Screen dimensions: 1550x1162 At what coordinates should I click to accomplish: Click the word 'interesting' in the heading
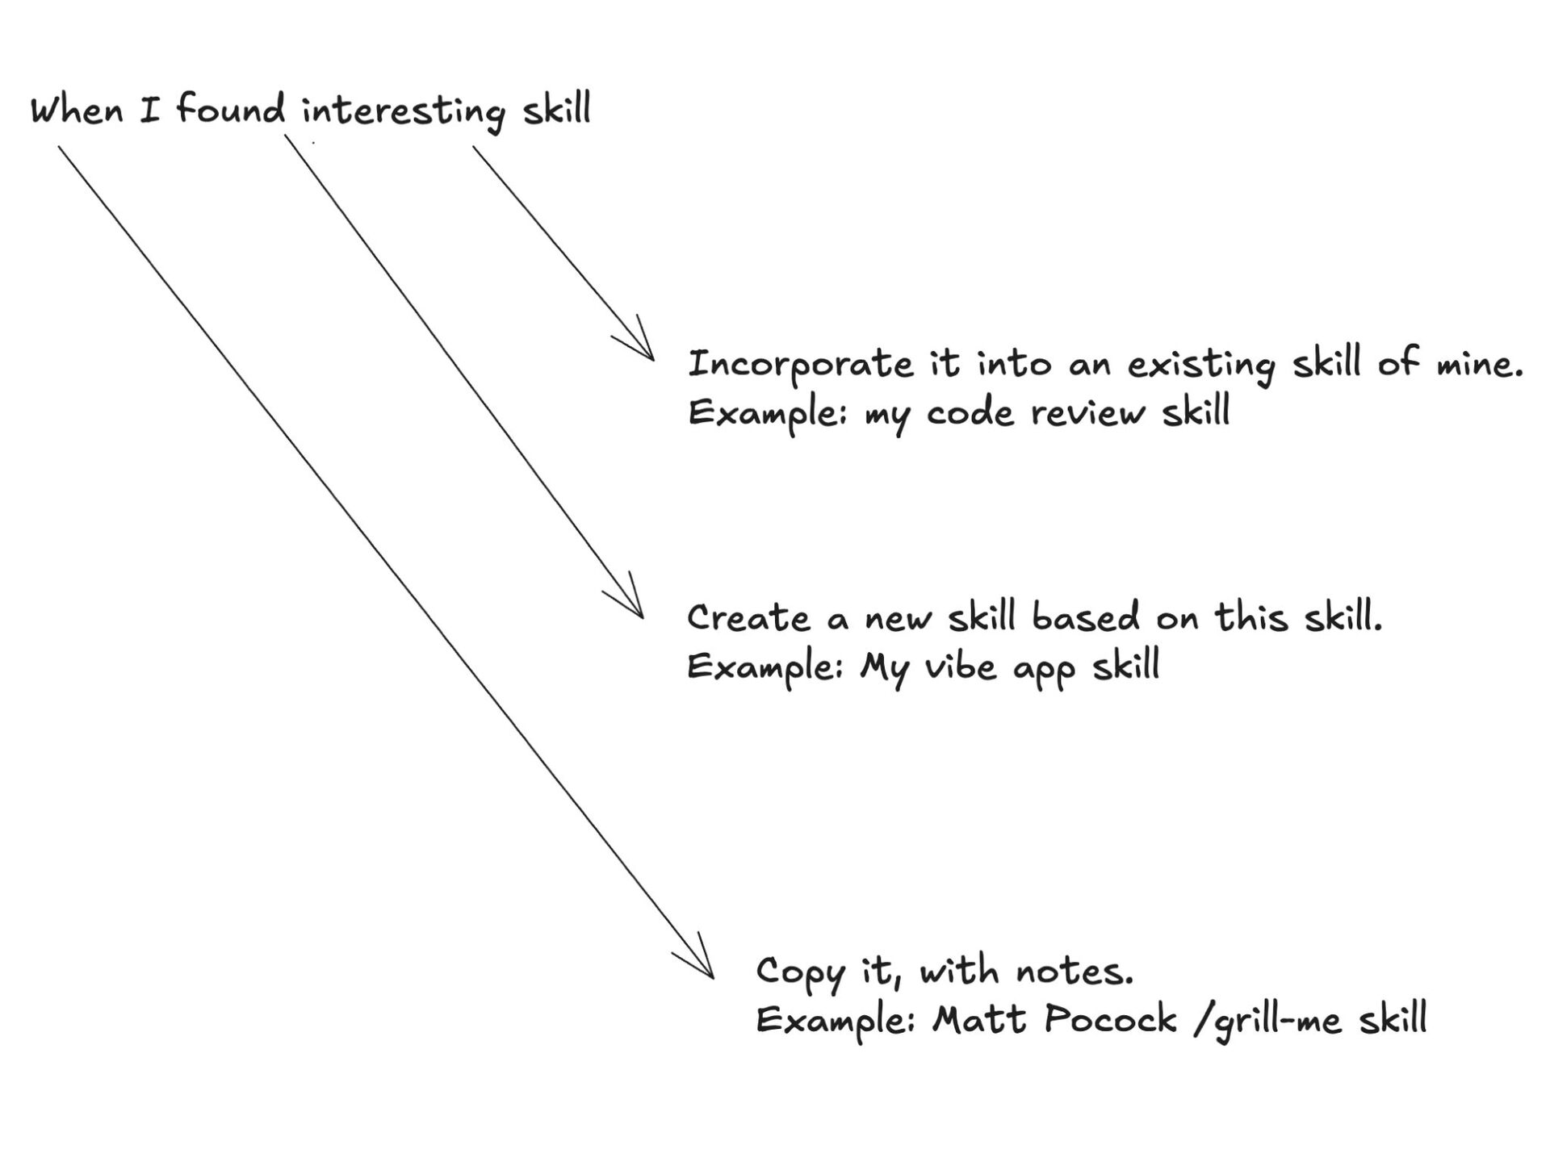coord(403,111)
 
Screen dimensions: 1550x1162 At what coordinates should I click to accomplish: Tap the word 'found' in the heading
coord(231,108)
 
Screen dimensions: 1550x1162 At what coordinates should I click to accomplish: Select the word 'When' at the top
coord(77,110)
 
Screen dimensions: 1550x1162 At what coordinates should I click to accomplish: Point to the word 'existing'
coord(1201,366)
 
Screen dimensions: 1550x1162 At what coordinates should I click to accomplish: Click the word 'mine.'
coord(1479,364)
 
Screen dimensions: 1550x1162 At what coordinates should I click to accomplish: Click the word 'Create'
coord(748,618)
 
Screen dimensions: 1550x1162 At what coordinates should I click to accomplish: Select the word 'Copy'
coord(799,973)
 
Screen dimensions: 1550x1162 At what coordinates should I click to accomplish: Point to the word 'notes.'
coord(1075,971)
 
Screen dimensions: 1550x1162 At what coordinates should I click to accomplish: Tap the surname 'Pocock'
coord(1110,1019)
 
